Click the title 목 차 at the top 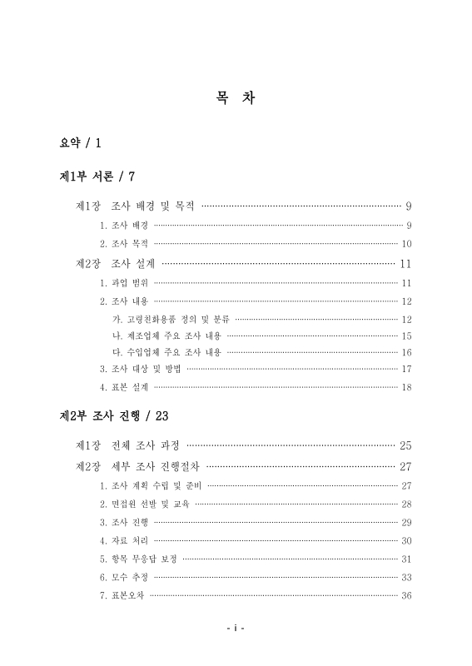pyautogui.click(x=236, y=98)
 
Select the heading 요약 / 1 pyautogui.click(x=81, y=144)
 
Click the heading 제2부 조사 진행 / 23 pyautogui.click(x=116, y=414)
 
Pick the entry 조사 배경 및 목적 pyautogui.click(x=152, y=205)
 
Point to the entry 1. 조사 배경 pyautogui.click(x=124, y=226)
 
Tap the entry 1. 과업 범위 pyautogui.click(x=124, y=284)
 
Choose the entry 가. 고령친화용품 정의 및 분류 pyautogui.click(x=171, y=320)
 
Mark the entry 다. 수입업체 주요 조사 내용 pyautogui.click(x=166, y=352)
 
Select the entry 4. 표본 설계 pyautogui.click(x=124, y=387)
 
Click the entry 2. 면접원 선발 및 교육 pyautogui.click(x=144, y=504)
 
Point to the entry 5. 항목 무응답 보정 pyautogui.click(x=138, y=559)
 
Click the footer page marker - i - pyautogui.click(x=236, y=629)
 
